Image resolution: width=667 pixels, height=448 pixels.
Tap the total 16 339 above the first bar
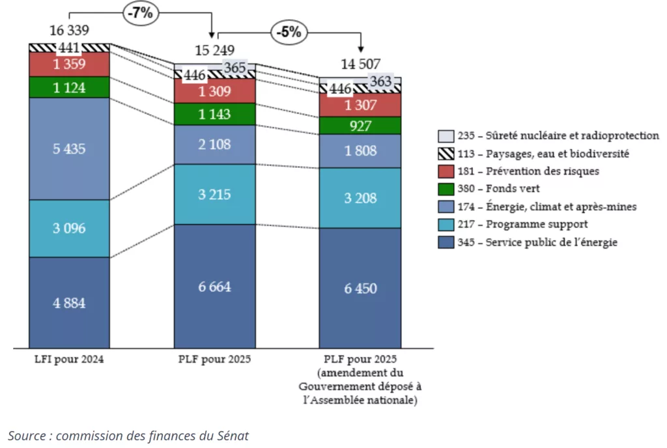(69, 30)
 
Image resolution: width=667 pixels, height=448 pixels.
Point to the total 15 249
(214, 50)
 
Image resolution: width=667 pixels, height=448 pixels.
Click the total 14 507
(360, 63)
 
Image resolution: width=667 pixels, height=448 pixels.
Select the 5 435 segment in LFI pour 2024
(69, 148)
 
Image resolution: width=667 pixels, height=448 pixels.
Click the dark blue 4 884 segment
(69, 303)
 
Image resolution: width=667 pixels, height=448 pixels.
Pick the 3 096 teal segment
(69, 229)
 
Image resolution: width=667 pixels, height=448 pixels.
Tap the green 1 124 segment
(69, 87)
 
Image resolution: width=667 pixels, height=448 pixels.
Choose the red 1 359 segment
(69, 64)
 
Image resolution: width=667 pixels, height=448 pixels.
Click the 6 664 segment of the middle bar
(214, 287)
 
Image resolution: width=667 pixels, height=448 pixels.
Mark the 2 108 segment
(214, 145)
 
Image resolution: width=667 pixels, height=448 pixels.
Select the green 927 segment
(360, 126)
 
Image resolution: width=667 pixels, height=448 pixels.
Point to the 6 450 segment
(360, 288)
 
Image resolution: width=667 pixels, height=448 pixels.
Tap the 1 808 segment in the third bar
(360, 151)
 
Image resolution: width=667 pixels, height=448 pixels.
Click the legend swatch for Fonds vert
(446, 189)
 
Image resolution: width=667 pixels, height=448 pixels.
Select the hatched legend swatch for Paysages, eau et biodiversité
(446, 154)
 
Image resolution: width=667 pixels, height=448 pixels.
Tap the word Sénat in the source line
(233, 436)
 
